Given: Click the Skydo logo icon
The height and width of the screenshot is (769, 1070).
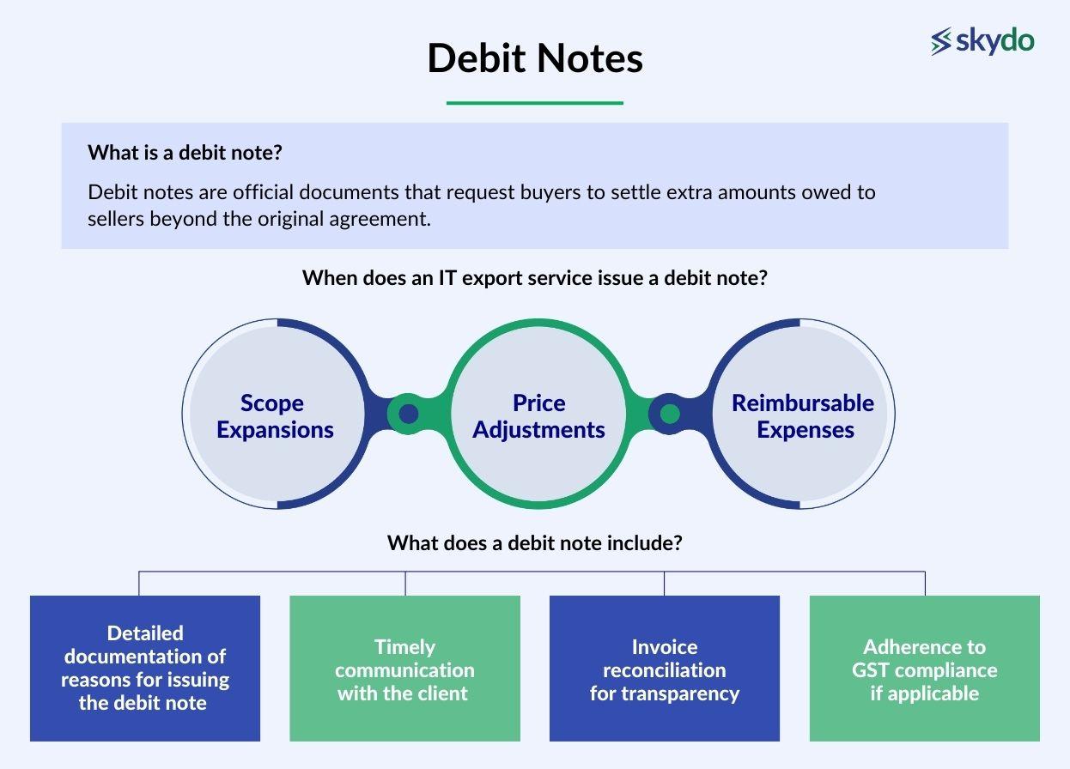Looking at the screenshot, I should tap(942, 40).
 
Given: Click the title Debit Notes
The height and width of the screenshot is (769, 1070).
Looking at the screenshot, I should tap(535, 58).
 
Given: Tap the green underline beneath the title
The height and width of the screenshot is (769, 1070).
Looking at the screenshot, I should tap(534, 103).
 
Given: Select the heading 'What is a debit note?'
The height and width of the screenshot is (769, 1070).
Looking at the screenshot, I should tap(185, 154).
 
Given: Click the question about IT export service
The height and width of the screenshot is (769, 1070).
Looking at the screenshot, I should tap(534, 279).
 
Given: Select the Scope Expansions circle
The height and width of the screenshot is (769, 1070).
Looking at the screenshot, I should tap(275, 415).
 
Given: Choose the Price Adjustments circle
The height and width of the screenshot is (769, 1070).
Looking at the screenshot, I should tap(538, 415).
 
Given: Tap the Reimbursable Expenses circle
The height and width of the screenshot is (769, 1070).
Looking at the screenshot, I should tap(803, 415).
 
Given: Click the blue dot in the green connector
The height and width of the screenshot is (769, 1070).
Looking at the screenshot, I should tap(409, 415).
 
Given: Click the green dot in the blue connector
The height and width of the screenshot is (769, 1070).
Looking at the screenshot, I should tap(670, 415).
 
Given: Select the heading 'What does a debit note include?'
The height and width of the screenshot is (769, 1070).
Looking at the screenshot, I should tap(534, 543).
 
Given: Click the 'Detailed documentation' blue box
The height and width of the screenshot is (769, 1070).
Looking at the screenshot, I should tap(145, 668).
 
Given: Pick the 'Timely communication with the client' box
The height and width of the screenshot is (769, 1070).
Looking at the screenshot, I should tap(404, 668).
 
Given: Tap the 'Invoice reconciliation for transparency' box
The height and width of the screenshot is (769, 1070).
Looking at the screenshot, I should tap(664, 668).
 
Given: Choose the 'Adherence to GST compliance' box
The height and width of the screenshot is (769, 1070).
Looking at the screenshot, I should tap(924, 668).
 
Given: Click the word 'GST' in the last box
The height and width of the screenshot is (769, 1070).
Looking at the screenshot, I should tap(871, 669).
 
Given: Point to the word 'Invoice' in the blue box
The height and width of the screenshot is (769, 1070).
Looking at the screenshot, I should tap(664, 647).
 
